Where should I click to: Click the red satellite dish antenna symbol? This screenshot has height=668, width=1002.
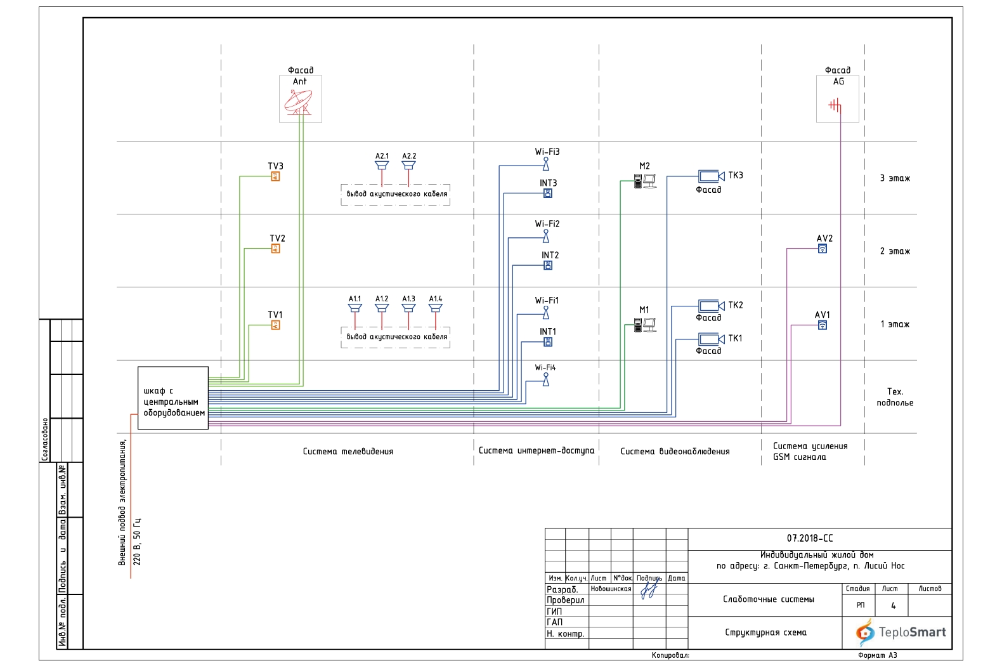(299, 102)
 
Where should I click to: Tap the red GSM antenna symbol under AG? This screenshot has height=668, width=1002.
(835, 105)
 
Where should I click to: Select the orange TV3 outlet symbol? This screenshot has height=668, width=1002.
(275, 176)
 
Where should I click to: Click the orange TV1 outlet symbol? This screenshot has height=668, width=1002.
(275, 325)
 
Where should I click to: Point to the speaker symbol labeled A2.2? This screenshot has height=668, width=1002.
(408, 166)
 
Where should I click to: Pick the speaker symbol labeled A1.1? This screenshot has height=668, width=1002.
(355, 308)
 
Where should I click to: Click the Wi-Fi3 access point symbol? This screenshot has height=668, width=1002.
(545, 164)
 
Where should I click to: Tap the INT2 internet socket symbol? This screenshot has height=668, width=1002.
(548, 265)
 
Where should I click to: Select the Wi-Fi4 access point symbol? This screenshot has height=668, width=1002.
(545, 379)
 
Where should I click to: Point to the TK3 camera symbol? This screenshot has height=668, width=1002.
(711, 176)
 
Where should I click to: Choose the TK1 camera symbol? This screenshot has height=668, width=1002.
(711, 339)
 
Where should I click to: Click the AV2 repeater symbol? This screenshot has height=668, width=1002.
(823, 249)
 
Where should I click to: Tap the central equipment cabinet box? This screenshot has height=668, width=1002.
(173, 398)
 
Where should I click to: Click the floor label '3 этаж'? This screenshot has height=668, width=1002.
(895, 178)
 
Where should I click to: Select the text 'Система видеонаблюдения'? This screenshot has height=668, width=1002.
(675, 452)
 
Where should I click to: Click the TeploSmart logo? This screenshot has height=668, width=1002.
(901, 632)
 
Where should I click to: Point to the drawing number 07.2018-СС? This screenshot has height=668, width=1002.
(810, 538)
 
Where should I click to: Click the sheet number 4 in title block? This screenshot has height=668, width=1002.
(893, 606)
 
